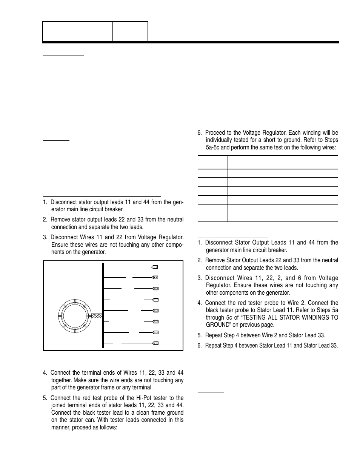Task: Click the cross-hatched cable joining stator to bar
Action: coord(97,316)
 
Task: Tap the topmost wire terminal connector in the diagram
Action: coord(155,267)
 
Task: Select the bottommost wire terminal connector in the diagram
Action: coord(155,343)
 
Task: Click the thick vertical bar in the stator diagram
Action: coord(103,305)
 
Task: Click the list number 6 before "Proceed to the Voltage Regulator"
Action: coord(199,133)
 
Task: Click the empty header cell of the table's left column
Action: coord(212,162)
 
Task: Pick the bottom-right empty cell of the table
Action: coord(282,217)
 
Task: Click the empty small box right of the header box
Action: coord(130,31)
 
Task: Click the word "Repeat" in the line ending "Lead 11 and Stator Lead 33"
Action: coord(214,346)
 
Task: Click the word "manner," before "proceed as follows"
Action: coord(62,428)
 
